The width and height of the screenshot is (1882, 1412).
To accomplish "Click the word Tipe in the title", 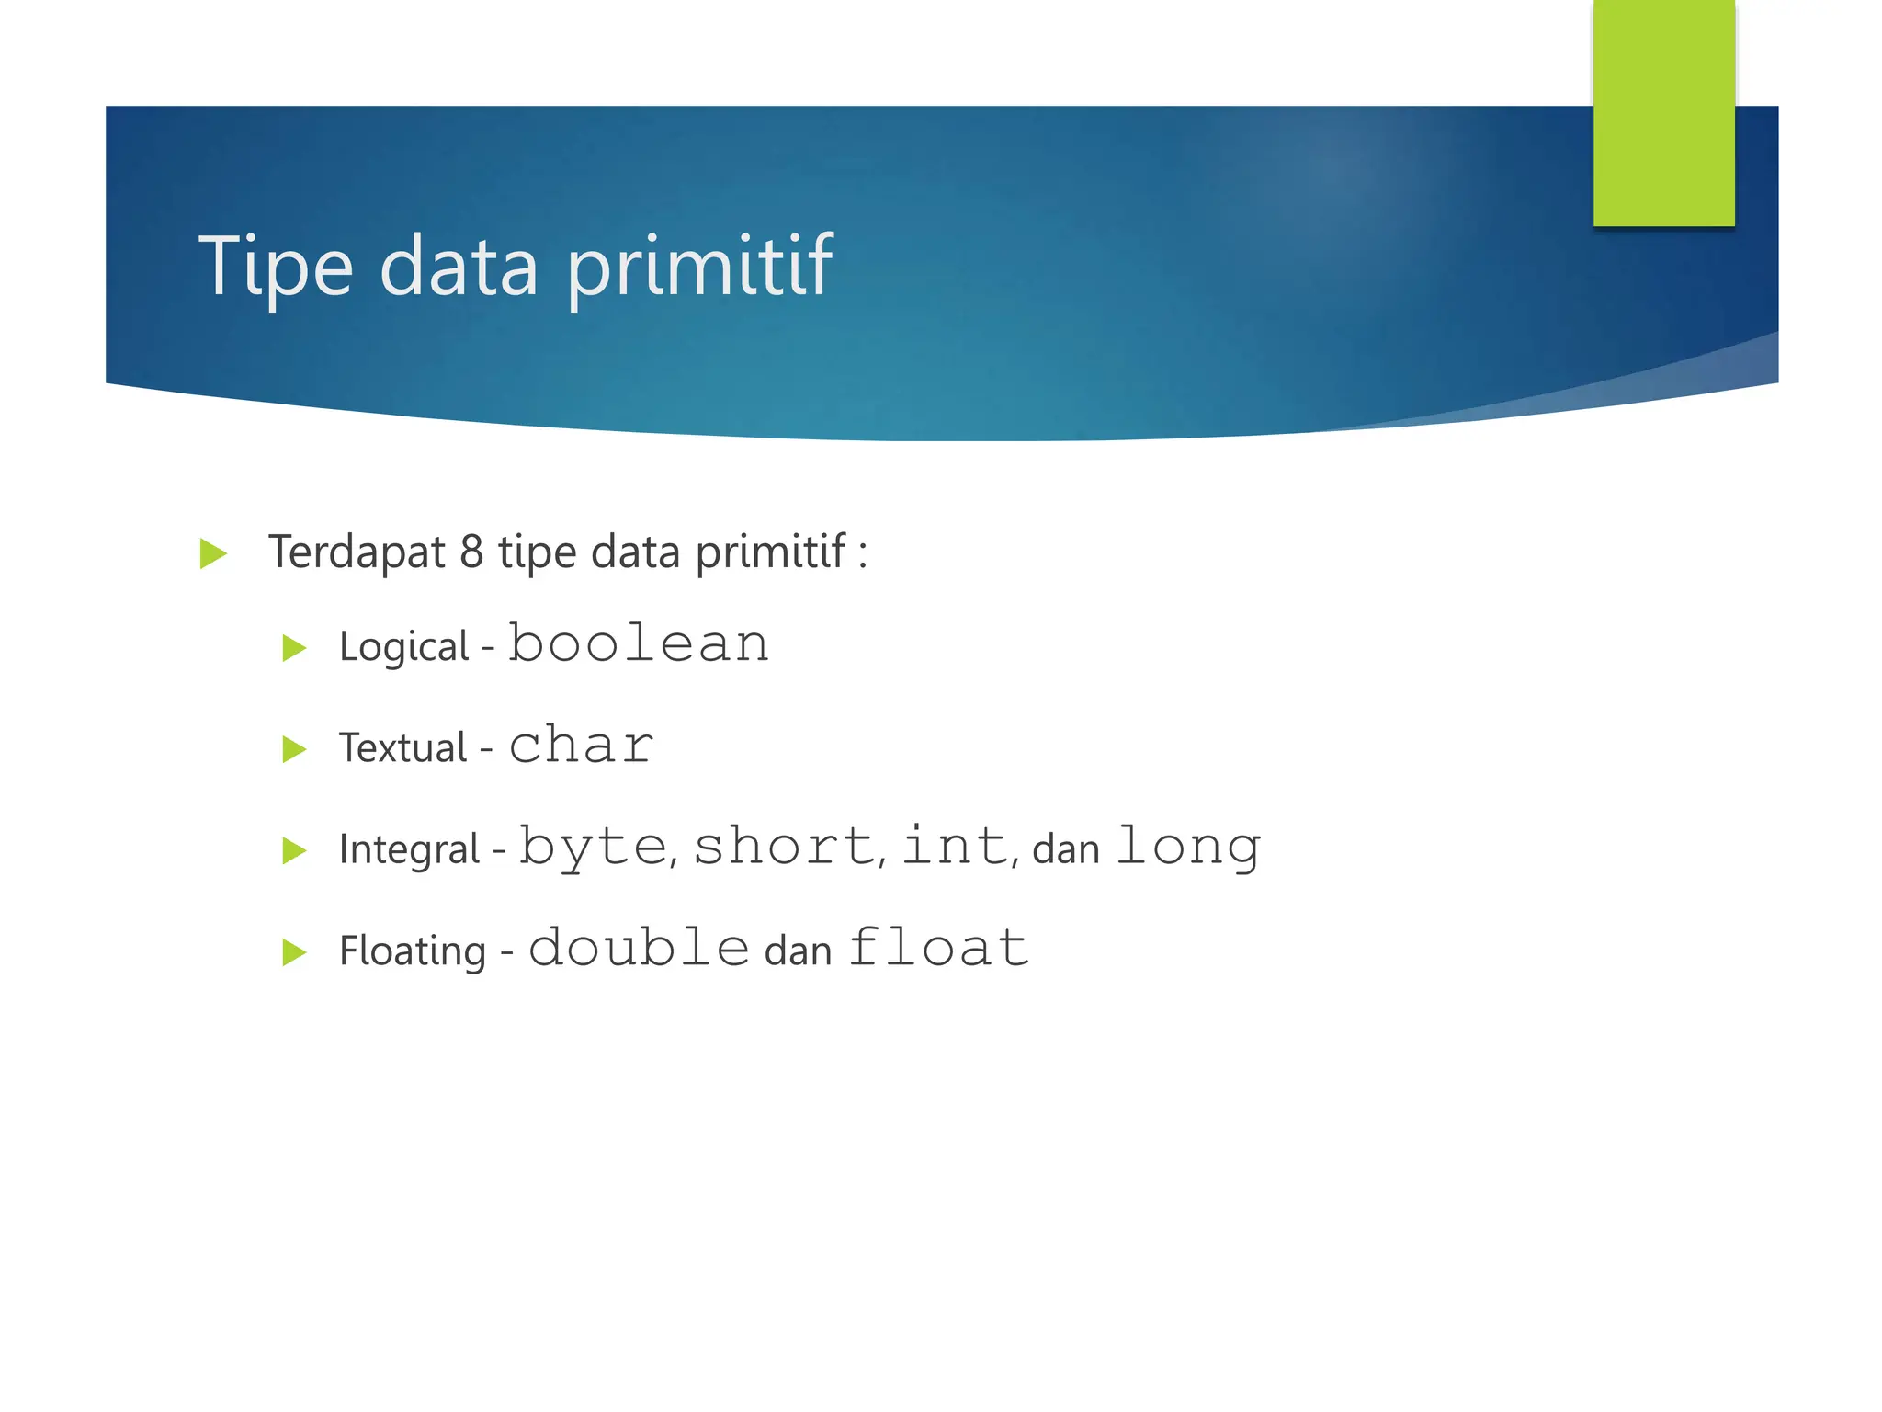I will [276, 267].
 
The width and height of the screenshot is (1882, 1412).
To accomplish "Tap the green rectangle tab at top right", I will [1663, 112].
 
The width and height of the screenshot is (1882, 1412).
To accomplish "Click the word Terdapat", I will [357, 552].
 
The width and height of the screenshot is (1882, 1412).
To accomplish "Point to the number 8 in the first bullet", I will [471, 552].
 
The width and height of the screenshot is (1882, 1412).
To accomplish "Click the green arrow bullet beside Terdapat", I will [213, 553].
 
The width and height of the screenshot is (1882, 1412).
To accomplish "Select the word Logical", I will [404, 647].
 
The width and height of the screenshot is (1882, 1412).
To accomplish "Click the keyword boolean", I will [640, 643].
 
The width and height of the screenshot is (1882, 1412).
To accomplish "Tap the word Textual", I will [403, 747].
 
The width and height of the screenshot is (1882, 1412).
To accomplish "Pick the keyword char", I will [581, 745].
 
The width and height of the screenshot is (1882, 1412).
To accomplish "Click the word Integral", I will [410, 849].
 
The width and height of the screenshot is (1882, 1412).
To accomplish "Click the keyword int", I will [956, 846].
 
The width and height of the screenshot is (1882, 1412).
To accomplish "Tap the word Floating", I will [413, 951].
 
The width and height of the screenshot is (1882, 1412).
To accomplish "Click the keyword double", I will [640, 947].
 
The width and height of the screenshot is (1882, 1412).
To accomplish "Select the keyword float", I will [938, 947].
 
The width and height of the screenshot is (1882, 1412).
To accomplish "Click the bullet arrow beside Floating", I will [294, 951].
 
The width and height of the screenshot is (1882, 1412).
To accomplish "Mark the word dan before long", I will [1066, 849].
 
